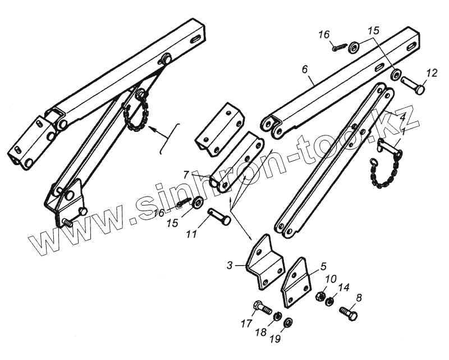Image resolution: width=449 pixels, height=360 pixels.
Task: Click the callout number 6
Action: [x=304, y=70]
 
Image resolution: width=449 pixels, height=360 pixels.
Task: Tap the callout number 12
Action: [x=430, y=72]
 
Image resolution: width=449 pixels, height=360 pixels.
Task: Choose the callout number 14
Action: [x=345, y=288]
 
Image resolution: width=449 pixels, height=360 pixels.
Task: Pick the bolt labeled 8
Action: [x=348, y=312]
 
